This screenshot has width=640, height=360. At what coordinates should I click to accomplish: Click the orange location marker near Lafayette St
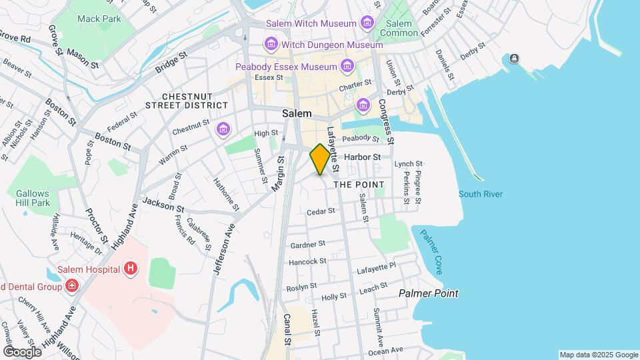[x=321, y=159]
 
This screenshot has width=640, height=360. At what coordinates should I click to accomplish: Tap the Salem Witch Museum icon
[x=367, y=24]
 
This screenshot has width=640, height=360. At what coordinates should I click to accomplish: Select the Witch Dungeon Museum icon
[x=271, y=45]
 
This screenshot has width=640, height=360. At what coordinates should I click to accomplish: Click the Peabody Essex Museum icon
[x=347, y=67]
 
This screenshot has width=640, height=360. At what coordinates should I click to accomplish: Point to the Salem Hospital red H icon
[x=131, y=269]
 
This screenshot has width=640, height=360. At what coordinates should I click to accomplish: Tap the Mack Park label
[x=99, y=19]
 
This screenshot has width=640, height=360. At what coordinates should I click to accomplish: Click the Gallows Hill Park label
[x=33, y=197]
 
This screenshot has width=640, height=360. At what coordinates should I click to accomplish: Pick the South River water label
[x=481, y=194]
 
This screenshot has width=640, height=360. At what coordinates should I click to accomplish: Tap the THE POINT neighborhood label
[x=359, y=184]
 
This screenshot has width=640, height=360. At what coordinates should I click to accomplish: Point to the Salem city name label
[x=297, y=113]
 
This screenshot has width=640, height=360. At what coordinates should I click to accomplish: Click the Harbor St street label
[x=367, y=157]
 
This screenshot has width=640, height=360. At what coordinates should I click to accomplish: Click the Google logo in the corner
[x=22, y=351]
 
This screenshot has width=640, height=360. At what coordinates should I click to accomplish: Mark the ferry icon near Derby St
[x=514, y=59]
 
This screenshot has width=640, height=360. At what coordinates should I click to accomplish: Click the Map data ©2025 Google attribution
[x=598, y=355]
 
